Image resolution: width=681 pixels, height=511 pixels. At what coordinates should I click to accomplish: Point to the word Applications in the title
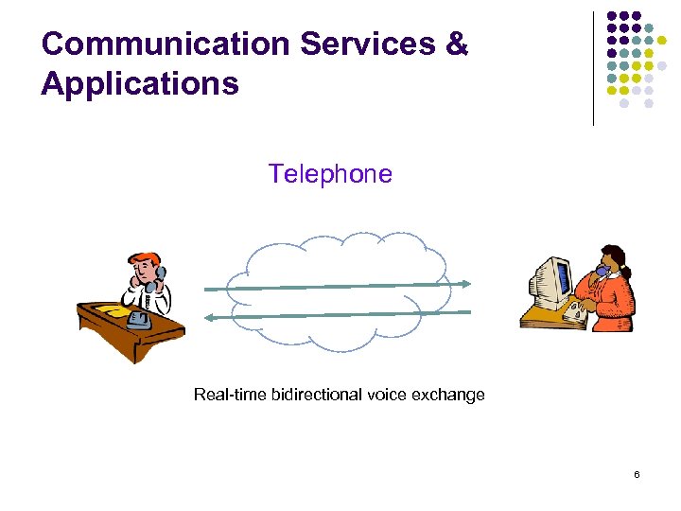139,84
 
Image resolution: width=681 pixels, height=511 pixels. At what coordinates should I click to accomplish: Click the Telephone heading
329,174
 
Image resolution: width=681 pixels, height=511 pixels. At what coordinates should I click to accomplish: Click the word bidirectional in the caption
315,395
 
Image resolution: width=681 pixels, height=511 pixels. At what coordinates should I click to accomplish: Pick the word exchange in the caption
448,395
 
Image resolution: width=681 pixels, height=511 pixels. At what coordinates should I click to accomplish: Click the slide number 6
637,473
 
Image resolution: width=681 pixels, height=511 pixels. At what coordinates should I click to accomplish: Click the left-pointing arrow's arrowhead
211,318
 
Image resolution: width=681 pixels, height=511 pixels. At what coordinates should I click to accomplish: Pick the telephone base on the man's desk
140,319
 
